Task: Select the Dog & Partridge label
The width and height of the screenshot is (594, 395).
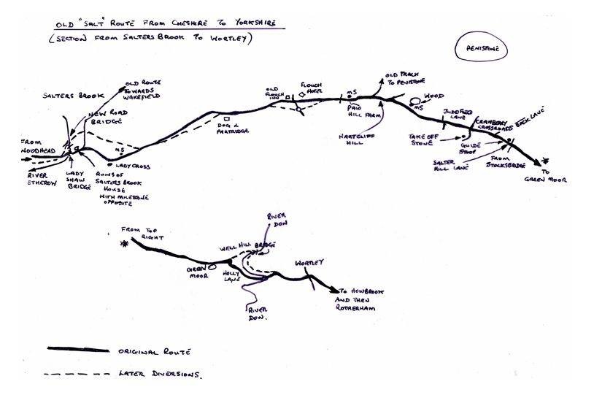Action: pyautogui.click(x=234, y=129)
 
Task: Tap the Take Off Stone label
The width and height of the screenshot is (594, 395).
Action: pyautogui.click(x=420, y=139)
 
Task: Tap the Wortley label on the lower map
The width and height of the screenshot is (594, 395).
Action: pyautogui.click(x=309, y=262)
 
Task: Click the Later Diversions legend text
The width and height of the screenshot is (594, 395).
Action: pyautogui.click(x=158, y=374)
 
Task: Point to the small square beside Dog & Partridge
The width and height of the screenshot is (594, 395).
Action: pyautogui.click(x=227, y=118)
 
